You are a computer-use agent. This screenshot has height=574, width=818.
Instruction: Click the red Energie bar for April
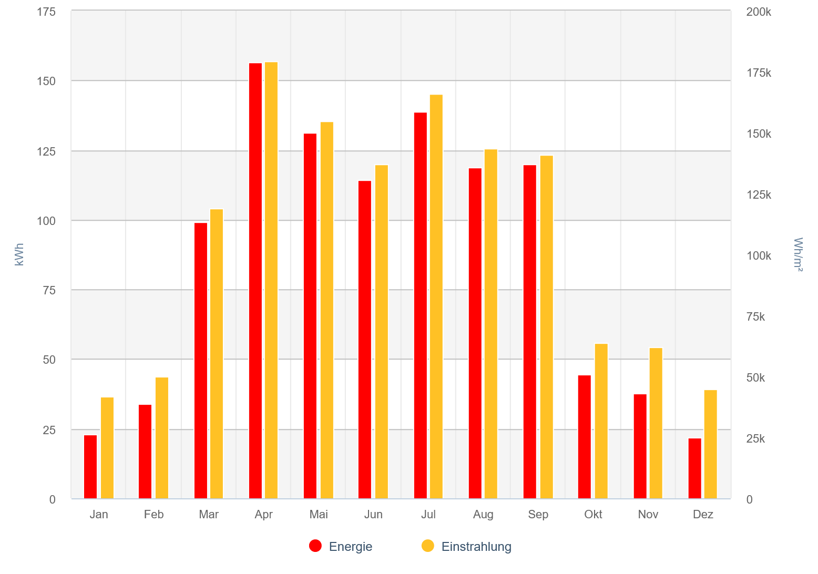point(255,281)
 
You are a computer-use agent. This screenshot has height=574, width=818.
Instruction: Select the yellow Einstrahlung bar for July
point(436,296)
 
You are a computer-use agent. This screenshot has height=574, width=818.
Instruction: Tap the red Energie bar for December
point(695,468)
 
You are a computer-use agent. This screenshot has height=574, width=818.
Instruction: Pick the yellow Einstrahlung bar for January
point(107,448)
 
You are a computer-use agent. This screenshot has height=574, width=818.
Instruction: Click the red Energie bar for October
point(585,437)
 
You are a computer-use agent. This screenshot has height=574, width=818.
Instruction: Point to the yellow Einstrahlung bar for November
point(656,423)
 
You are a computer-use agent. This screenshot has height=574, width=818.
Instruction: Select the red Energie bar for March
point(201,361)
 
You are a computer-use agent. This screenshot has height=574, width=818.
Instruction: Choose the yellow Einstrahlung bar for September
point(547,327)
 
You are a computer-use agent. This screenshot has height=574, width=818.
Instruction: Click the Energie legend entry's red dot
point(315,546)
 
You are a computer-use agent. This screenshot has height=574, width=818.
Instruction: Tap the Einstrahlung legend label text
point(476,547)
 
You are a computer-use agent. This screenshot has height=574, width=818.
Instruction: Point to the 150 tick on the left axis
point(46,81)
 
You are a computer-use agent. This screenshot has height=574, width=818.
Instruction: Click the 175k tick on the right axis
point(759,73)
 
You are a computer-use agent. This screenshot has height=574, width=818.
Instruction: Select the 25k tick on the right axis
point(755,439)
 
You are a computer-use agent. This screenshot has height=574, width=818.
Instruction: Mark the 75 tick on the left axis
point(49,290)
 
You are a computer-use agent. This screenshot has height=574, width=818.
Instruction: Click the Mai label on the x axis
point(319,515)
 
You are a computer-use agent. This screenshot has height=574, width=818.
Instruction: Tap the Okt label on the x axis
point(593,515)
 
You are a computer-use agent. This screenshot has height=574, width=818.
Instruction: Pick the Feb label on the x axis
point(154,515)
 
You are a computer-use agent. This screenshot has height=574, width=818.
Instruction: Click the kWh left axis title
point(19,254)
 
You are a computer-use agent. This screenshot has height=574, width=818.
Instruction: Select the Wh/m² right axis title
point(798,255)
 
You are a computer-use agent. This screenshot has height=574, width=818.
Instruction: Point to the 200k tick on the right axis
point(759,12)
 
